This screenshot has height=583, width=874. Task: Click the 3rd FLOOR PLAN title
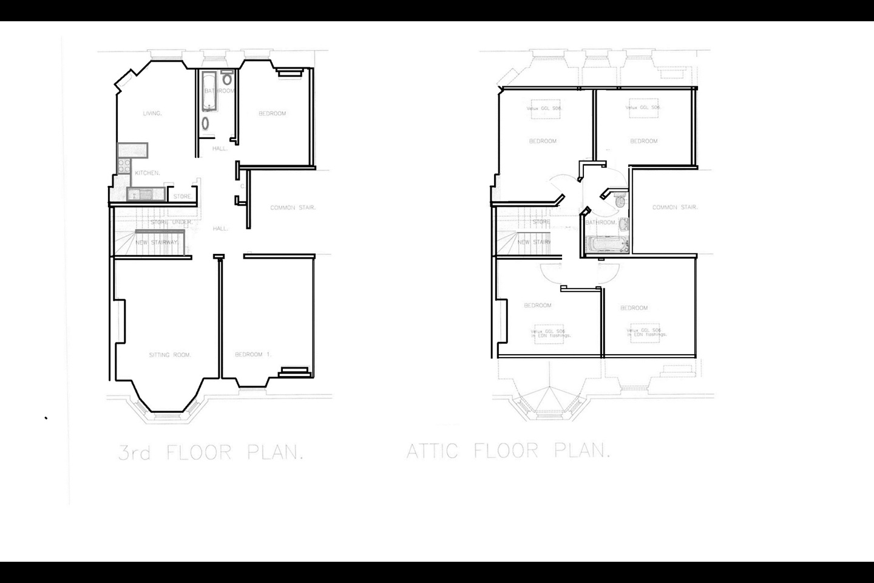(x=210, y=453)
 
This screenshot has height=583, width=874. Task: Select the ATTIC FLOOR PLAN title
(x=507, y=451)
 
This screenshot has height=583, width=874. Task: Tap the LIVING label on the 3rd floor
(x=152, y=114)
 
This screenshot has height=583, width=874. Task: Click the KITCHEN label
(x=147, y=173)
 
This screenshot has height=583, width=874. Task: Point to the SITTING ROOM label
(x=170, y=355)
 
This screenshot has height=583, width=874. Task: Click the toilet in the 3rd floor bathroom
(x=227, y=78)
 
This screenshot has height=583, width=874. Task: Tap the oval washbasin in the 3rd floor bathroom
(x=206, y=123)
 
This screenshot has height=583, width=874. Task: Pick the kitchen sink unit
(x=140, y=194)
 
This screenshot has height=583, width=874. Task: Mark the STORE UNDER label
(x=172, y=222)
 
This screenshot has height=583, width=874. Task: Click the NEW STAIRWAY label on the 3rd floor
(x=157, y=242)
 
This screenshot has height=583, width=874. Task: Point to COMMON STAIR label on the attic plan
(x=675, y=208)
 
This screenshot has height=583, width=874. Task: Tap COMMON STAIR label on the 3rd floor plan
(x=293, y=208)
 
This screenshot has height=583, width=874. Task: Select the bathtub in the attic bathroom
(x=608, y=245)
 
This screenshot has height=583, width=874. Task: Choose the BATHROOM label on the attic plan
(x=601, y=223)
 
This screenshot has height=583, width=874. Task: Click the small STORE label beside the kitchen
(x=183, y=197)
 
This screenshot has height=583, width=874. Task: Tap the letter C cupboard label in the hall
(x=242, y=186)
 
